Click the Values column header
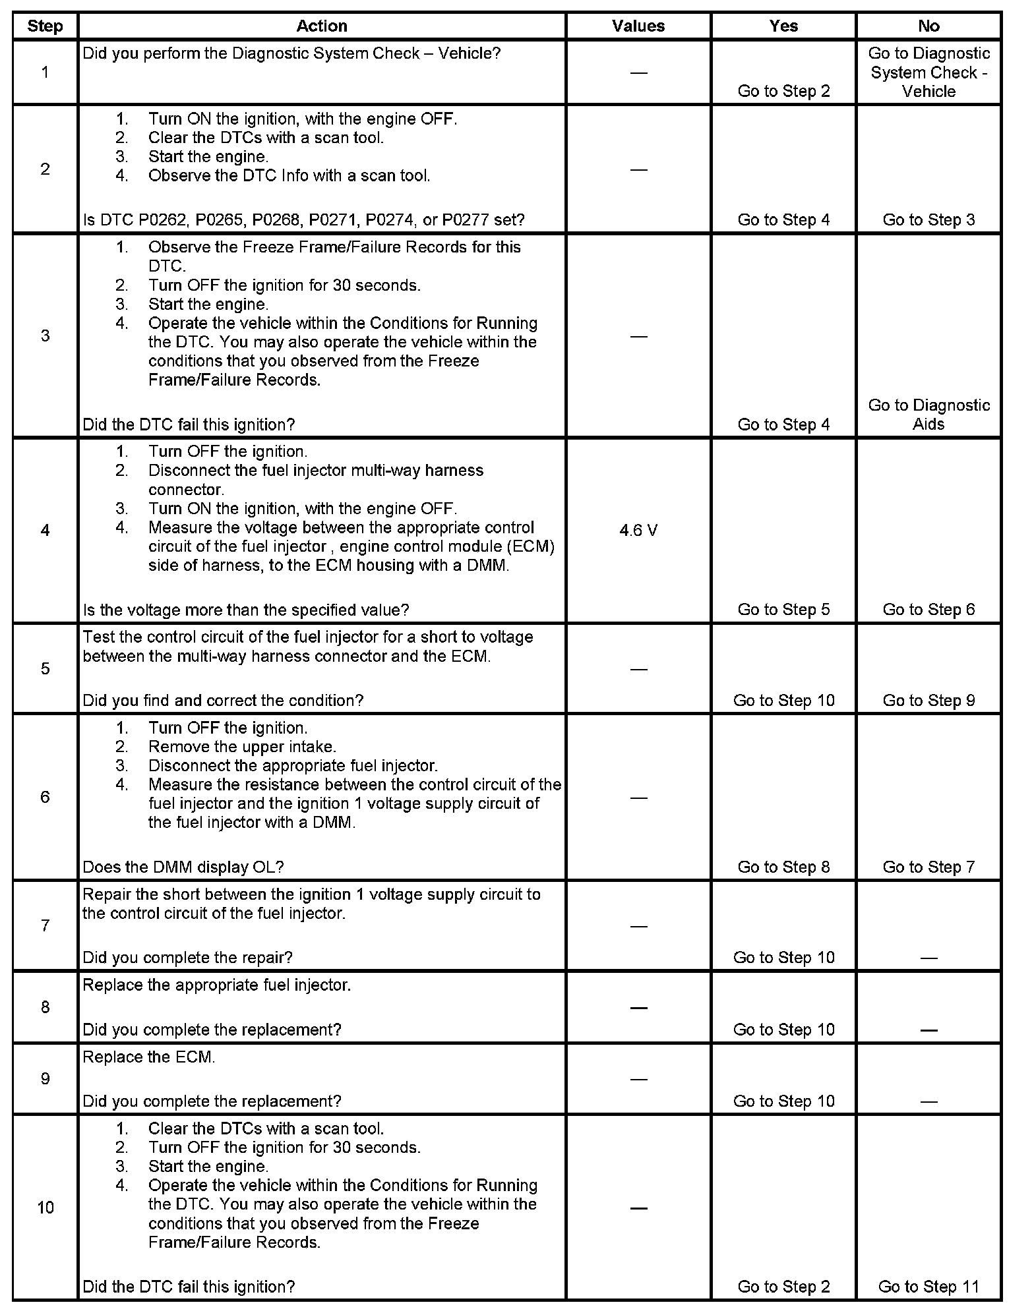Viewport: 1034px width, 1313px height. (x=638, y=26)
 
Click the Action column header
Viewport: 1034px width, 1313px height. (x=321, y=26)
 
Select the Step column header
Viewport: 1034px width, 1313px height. (x=45, y=26)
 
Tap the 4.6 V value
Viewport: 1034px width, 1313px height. (x=638, y=531)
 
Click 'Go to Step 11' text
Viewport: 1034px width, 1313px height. (x=928, y=1286)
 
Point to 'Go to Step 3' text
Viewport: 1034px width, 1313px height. (x=928, y=219)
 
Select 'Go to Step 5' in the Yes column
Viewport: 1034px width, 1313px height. (x=783, y=609)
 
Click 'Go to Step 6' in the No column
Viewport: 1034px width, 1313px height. (x=928, y=609)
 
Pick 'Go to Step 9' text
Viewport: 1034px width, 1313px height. (x=928, y=700)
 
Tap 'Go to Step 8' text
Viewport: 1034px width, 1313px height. (x=783, y=867)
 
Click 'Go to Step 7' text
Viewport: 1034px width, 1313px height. (x=928, y=867)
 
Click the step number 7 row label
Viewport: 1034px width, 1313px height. (x=45, y=925)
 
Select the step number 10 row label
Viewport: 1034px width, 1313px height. (x=45, y=1208)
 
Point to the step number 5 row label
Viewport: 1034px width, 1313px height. (x=45, y=668)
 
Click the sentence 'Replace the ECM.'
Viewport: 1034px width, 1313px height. (x=149, y=1057)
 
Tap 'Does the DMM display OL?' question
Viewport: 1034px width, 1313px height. (x=183, y=867)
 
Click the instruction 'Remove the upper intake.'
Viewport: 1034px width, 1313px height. (x=242, y=747)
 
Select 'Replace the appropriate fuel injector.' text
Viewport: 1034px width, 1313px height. (x=216, y=985)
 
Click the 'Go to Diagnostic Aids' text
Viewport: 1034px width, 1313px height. (x=928, y=415)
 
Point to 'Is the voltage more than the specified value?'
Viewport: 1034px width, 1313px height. (x=246, y=610)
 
